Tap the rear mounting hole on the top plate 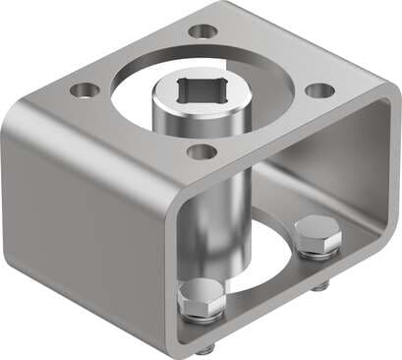coord(202,31)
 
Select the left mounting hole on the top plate coord(86,90)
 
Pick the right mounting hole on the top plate coord(319,90)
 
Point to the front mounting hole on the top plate coord(202,151)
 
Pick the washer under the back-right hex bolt coord(316,254)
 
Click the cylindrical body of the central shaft coord(197,197)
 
